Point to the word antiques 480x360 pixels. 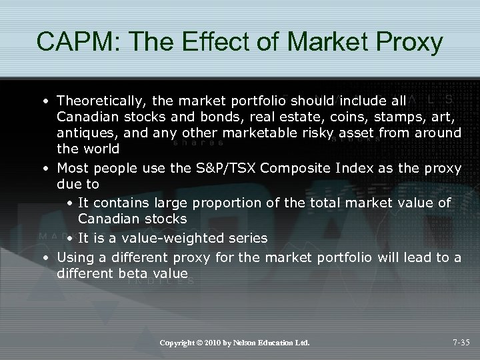[83, 133]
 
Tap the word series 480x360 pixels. [247, 238]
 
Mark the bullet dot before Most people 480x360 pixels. [43, 168]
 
